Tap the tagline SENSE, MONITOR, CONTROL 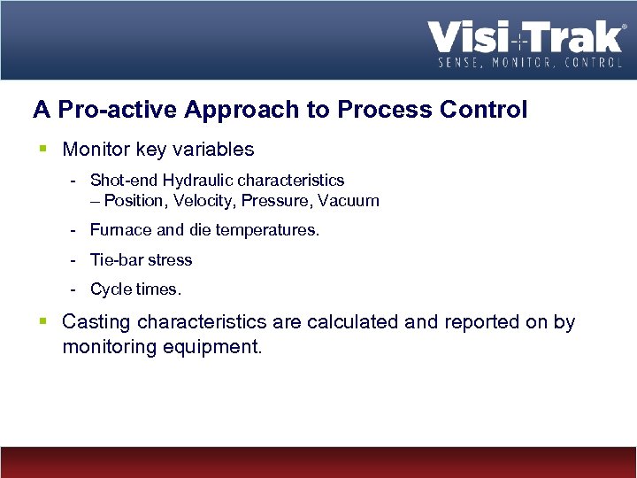531,62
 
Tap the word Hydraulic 197,181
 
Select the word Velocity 202,201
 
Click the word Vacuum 350,201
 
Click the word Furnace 121,230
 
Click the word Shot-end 123,181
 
